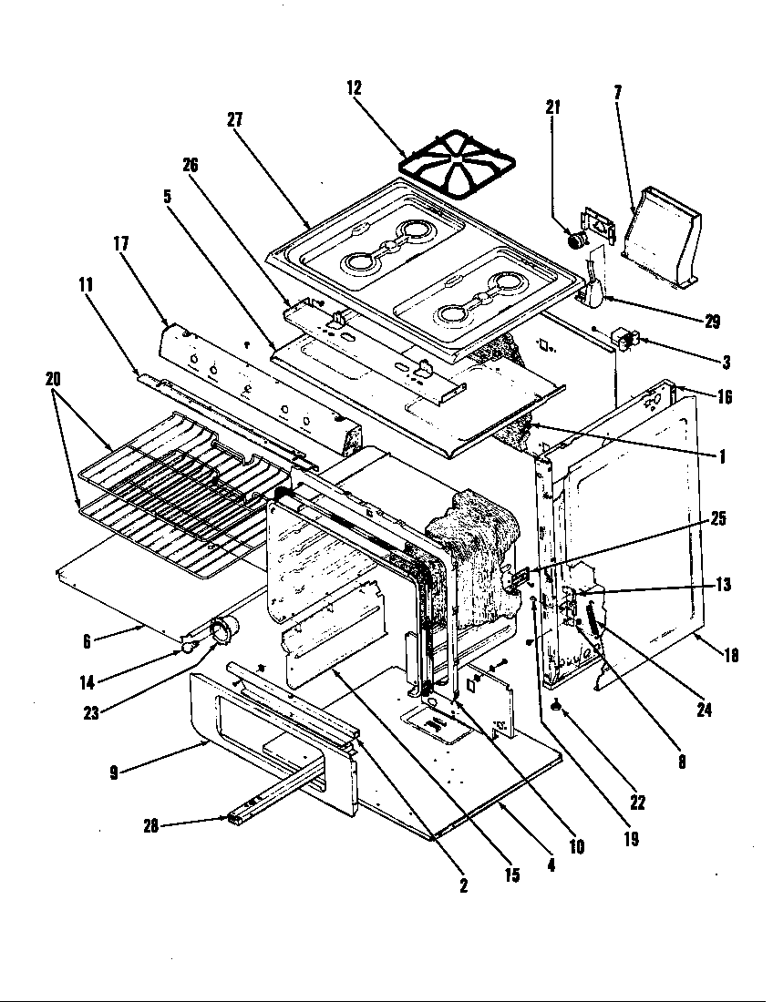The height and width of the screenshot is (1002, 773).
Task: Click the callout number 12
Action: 355,88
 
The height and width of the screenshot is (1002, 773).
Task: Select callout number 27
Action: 235,120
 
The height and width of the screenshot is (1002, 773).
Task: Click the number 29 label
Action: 712,322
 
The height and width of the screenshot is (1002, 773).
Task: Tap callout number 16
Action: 726,397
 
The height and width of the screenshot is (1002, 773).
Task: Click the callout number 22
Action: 637,803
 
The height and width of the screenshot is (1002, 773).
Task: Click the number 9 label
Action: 114,772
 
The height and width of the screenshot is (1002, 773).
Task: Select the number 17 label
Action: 121,243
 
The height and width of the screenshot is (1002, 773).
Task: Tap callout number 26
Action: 190,165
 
